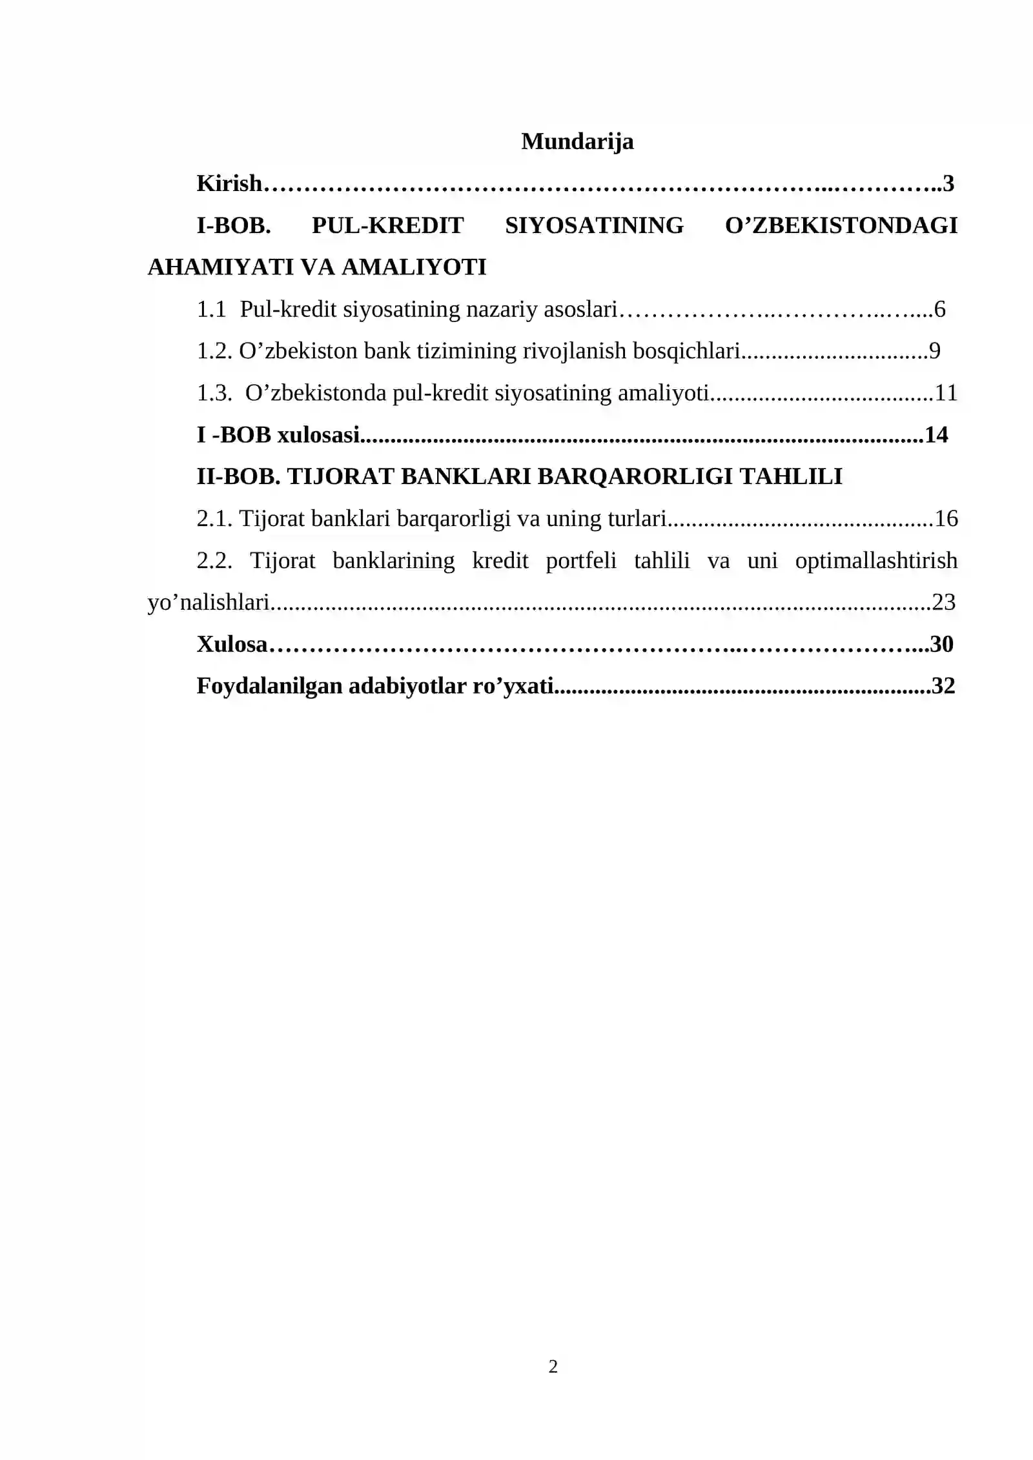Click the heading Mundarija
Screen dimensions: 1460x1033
click(577, 141)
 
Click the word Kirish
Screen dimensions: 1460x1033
click(229, 183)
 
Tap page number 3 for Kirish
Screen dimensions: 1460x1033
click(948, 183)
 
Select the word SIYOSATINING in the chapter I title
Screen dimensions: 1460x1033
click(594, 225)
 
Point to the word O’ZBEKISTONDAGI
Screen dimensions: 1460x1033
click(841, 225)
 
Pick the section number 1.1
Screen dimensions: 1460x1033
click(211, 309)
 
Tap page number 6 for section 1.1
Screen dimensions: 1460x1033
click(939, 309)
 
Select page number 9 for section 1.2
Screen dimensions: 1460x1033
click(935, 350)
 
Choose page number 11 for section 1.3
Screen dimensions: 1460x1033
click(946, 392)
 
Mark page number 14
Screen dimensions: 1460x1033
click(936, 434)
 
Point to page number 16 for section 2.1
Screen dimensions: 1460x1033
click(946, 518)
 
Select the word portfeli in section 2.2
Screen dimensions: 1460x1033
click(580, 560)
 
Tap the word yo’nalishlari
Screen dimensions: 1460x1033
click(208, 602)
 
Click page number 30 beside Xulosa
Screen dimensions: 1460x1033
click(942, 644)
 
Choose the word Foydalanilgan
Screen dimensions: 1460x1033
click(269, 685)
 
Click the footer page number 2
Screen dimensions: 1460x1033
click(553, 1366)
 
